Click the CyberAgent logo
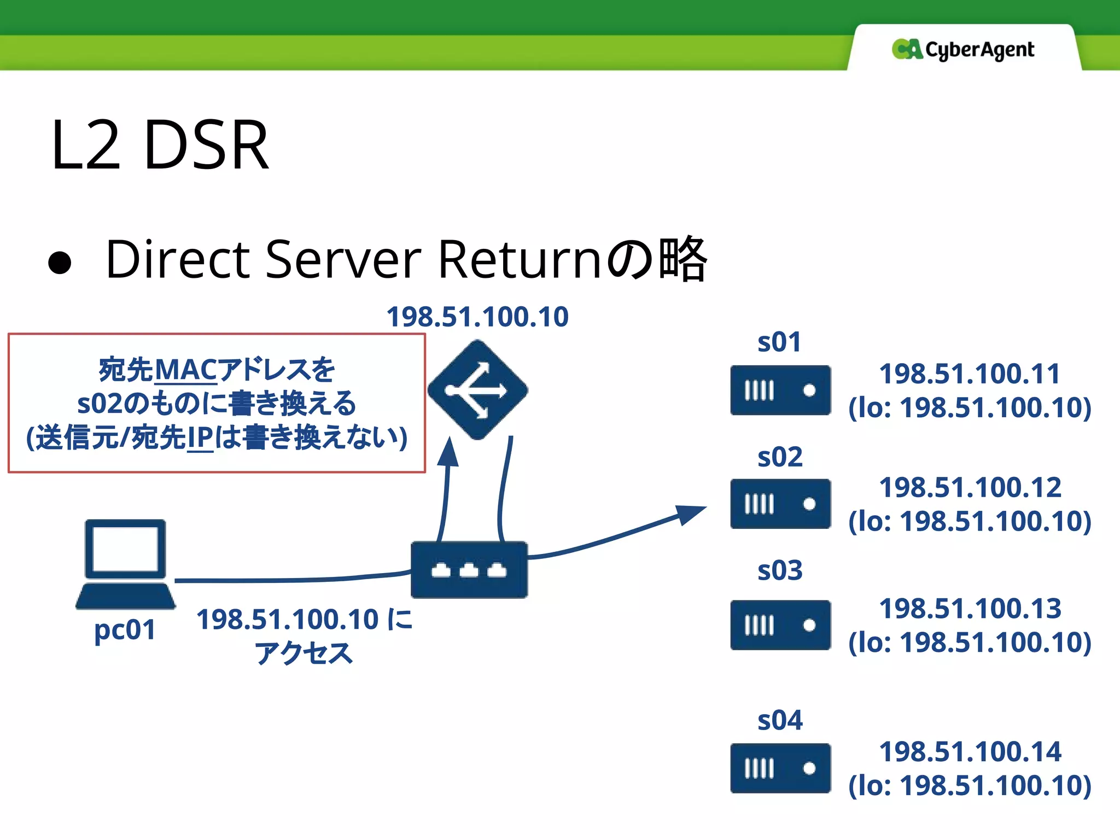(962, 49)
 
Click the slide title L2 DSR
(160, 145)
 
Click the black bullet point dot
(60, 262)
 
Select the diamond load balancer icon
(477, 390)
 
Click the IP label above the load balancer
(477, 317)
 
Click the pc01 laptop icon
(125, 563)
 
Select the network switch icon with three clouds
(469, 570)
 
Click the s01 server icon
(780, 390)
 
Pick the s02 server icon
(780, 504)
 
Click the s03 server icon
(780, 625)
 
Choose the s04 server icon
(780, 768)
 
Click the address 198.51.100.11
(970, 374)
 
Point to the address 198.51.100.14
(970, 751)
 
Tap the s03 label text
(780, 570)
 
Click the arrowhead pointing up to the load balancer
(450, 451)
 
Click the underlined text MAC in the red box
(186, 370)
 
